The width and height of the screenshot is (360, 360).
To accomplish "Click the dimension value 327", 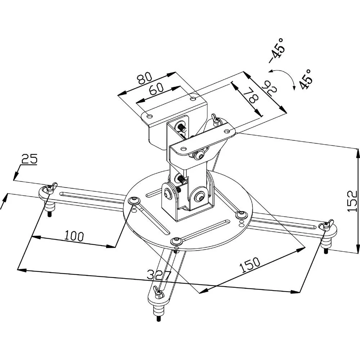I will [x=159, y=275].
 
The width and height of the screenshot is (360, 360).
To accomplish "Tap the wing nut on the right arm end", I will [x=325, y=225].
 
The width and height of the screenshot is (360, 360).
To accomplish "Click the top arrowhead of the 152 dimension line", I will [x=357, y=151].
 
